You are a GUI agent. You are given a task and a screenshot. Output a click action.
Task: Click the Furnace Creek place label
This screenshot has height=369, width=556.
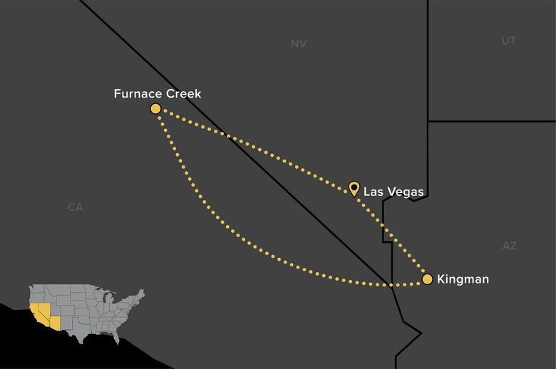pos(158,93)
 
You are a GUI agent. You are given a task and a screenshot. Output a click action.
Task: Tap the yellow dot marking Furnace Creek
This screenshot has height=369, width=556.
pos(155,108)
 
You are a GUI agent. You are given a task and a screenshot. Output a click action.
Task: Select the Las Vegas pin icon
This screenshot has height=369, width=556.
pos(354,188)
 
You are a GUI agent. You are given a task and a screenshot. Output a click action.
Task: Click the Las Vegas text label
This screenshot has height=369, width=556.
pos(393,192)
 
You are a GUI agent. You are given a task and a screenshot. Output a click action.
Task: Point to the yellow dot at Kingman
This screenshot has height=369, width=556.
pos(427,279)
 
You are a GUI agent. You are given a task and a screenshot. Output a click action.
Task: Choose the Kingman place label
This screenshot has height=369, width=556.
pos(463,279)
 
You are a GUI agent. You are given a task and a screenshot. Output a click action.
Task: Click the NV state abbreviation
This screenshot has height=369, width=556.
pos(299,44)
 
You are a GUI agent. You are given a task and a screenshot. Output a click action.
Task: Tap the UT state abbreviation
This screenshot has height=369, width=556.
pos(509,41)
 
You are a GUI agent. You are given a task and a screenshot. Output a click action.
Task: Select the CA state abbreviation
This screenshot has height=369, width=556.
pos(76,207)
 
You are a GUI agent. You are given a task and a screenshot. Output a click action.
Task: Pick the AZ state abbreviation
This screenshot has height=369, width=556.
pos(509,246)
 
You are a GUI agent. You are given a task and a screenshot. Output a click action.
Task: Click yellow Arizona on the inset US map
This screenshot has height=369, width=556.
pos(56,323)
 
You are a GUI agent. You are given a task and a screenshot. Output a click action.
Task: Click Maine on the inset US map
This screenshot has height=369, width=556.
pos(142,293)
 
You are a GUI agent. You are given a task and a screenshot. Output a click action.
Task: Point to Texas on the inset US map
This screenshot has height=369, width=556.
pos(85,331)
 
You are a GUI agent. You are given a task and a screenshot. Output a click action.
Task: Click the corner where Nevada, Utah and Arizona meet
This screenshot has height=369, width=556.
pos(428,121)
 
